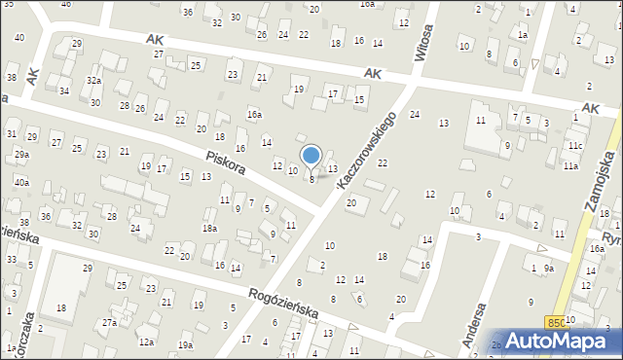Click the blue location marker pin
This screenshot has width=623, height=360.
[x=311, y=156]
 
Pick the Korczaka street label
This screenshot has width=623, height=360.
[x=28, y=330]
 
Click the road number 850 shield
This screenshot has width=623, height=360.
[x=555, y=322]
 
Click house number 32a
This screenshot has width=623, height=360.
[x=93, y=81]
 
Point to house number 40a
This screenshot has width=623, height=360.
[x=21, y=183]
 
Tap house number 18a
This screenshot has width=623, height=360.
[x=209, y=228]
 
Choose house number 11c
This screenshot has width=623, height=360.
[x=576, y=146]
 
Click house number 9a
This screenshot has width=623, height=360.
[x=549, y=268]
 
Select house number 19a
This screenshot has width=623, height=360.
[x=185, y=345]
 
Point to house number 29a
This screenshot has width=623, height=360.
[x=21, y=155]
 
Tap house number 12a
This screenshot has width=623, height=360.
[x=146, y=342]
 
